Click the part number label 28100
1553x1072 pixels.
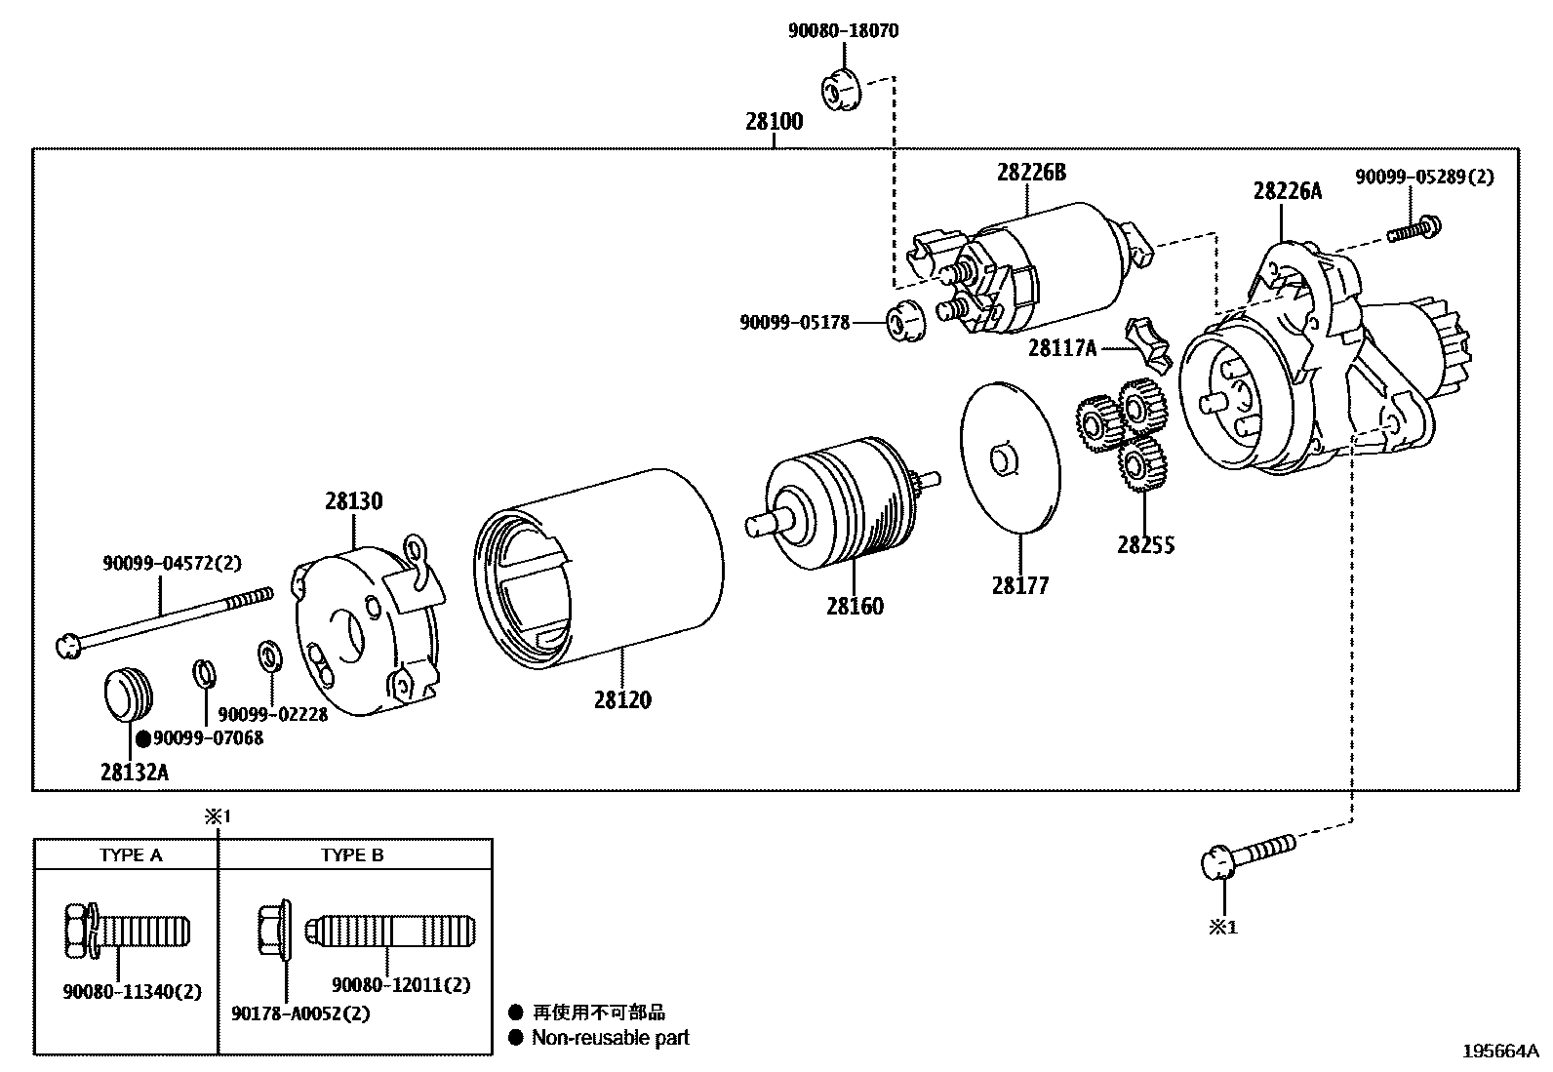[x=775, y=122]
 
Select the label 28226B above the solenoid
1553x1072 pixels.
[x=1031, y=173]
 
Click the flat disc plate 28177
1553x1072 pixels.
[x=1011, y=458]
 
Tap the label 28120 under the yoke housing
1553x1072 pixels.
[x=621, y=699]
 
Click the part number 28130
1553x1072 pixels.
[x=354, y=501]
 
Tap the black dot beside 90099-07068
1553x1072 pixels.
[x=142, y=738]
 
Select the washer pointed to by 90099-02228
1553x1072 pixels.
[x=268, y=655]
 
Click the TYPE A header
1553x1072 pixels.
[x=131, y=855]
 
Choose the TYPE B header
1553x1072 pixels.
[x=352, y=855]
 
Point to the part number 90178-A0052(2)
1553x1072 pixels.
[x=301, y=1013]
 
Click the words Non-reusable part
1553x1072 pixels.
[x=610, y=1038]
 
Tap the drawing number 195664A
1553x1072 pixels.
[x=1499, y=1052]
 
